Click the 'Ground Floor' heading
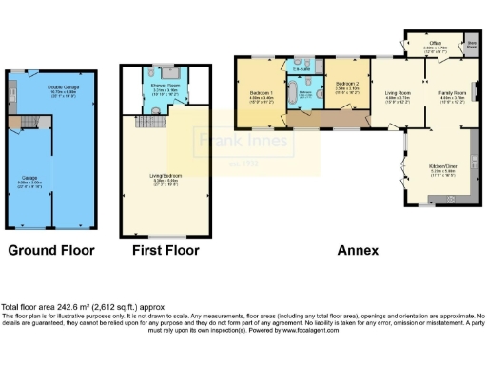point(51,251)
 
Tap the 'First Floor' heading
point(166,251)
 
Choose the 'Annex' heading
point(358,251)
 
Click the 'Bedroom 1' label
point(262,93)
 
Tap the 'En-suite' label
point(302,68)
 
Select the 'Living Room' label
point(398,93)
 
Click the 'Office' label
point(435,43)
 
